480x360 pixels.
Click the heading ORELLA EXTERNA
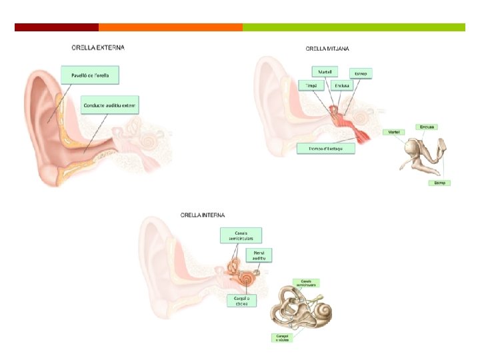tap(98, 47)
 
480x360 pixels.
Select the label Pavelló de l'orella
tap(89, 75)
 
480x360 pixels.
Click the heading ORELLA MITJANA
tap(327, 49)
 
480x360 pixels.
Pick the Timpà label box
tap(310, 86)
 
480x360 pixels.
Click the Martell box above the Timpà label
tap(325, 71)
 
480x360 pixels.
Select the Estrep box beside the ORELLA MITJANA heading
tap(360, 73)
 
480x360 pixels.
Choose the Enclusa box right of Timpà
tap(343, 86)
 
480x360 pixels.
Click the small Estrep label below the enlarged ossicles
tap(439, 183)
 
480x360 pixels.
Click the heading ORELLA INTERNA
tap(203, 215)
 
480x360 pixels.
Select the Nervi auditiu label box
tap(260, 255)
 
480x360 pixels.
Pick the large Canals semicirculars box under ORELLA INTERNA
tap(241, 235)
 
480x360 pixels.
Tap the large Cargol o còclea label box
tap(241, 301)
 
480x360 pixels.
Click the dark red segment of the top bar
tap(57, 27)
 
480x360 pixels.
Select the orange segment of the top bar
tap(171, 27)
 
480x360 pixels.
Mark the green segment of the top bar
tap(354, 27)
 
